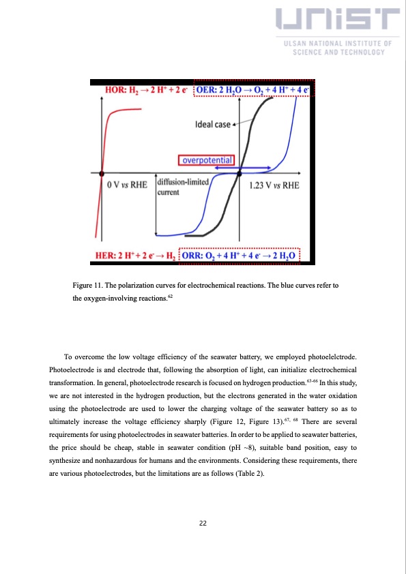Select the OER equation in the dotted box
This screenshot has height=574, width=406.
click(252, 90)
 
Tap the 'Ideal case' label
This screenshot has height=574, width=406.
click(212, 125)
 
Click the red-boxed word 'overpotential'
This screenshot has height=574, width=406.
click(205, 161)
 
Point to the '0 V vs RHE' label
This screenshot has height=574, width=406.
click(127, 185)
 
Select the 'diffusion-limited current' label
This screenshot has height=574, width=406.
click(179, 187)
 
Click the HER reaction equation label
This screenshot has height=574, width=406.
click(134, 256)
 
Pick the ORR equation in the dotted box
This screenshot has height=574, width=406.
click(245, 256)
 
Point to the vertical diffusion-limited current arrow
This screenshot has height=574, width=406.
click(156, 205)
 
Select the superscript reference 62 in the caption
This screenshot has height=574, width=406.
click(171, 297)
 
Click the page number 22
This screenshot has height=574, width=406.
click(203, 524)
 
